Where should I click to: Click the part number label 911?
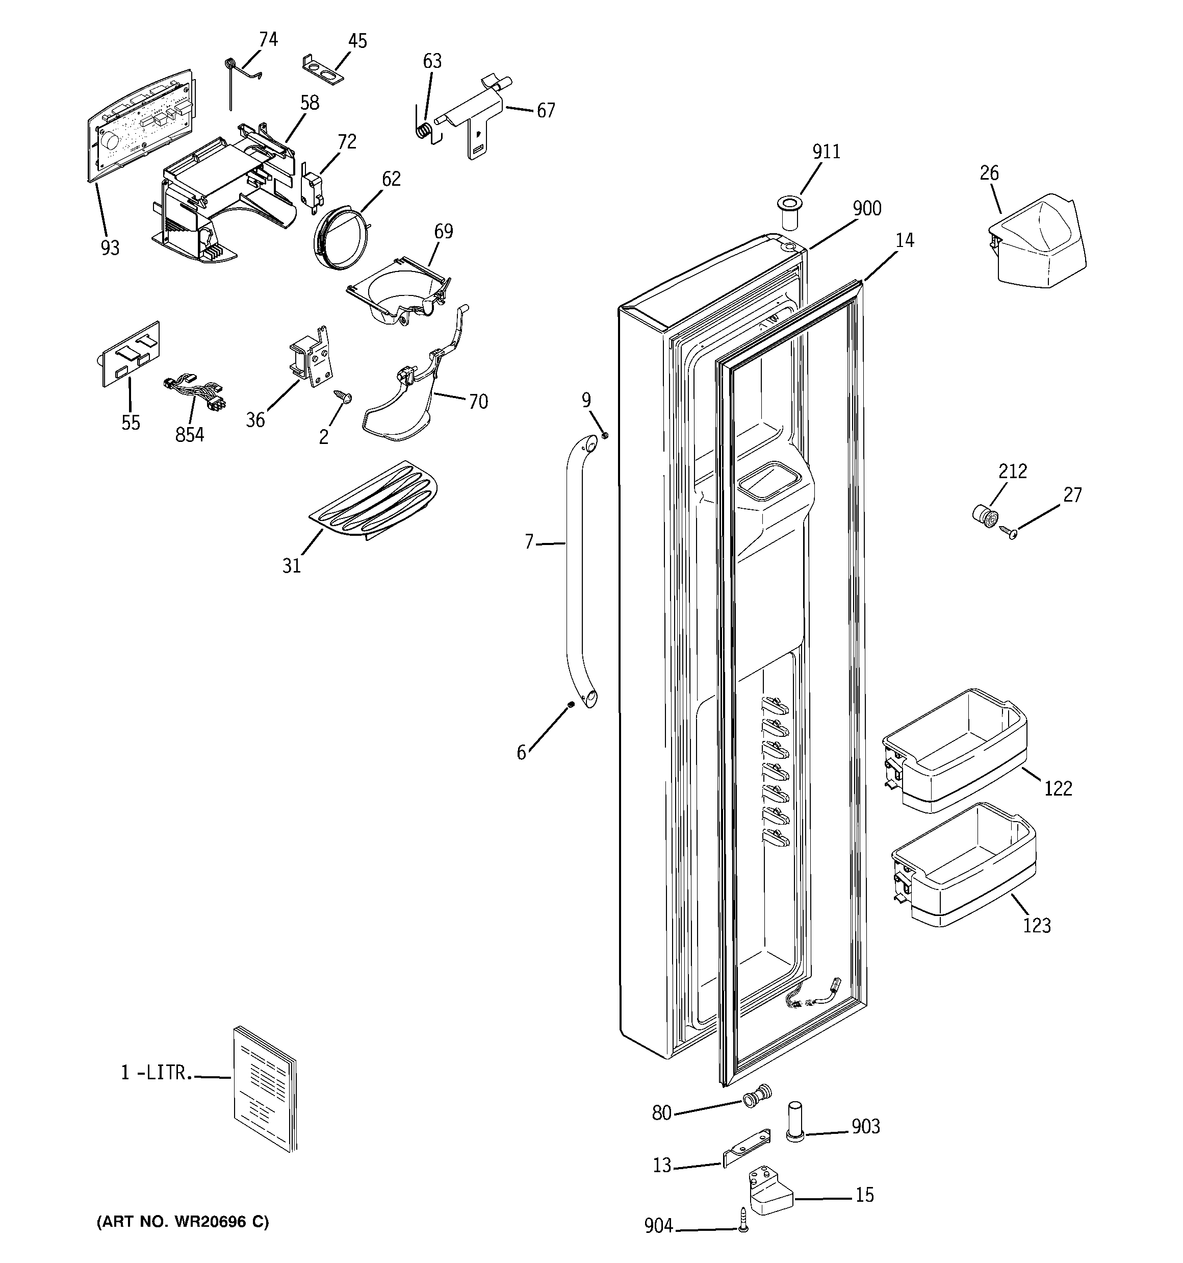point(826,152)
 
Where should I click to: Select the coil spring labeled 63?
point(425,131)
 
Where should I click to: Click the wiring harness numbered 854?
point(195,393)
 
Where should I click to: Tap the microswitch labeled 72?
point(311,189)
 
